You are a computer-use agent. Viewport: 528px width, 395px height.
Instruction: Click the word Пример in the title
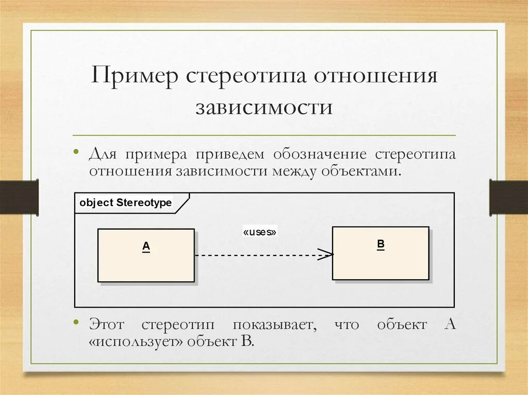coord(135,77)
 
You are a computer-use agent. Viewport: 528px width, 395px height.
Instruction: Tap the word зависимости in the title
coord(263,108)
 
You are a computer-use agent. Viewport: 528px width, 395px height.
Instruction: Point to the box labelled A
coord(146,255)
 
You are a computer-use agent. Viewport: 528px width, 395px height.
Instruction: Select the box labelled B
coord(381,253)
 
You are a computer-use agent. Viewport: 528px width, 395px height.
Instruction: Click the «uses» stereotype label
coord(260,232)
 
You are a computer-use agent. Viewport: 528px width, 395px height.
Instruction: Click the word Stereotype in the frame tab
coord(144,203)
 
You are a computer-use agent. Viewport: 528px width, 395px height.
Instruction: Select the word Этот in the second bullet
coord(108,325)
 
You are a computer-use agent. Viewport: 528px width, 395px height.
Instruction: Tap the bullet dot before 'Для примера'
coord(76,152)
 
